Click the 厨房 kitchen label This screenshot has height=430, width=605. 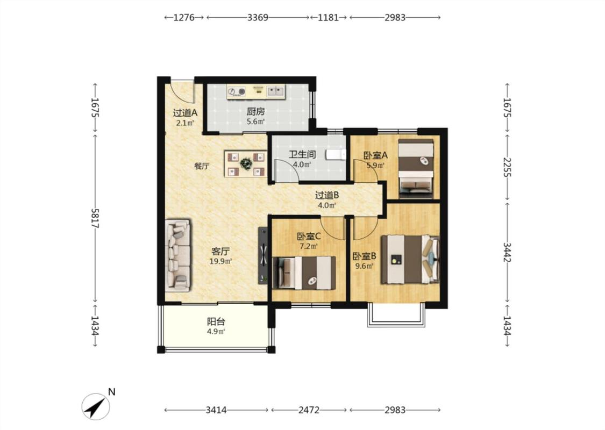tap(256, 112)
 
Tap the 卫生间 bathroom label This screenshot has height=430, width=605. tap(302, 155)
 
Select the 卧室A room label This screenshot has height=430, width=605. tap(375, 155)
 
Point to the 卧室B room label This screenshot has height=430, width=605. tap(365, 256)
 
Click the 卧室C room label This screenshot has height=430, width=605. tap(309, 236)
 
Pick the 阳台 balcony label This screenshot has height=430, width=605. tap(216, 321)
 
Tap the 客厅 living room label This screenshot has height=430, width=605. tap(220, 252)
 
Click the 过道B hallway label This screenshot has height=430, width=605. tap(327, 195)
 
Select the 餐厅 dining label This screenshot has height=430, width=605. tap(202, 166)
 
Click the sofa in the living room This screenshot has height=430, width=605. tap(178, 255)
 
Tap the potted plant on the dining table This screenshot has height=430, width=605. tap(246, 163)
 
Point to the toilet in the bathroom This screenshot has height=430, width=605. tap(335, 155)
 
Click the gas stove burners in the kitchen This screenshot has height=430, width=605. tap(237, 91)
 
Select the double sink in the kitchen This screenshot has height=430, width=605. tap(275, 91)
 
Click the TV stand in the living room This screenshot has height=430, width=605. tap(263, 255)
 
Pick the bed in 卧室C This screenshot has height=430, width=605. tap(304, 273)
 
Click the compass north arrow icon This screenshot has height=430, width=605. tap(96, 406)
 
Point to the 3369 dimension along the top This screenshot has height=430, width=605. tap(258, 17)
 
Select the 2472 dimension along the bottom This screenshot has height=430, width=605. tap(309, 410)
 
